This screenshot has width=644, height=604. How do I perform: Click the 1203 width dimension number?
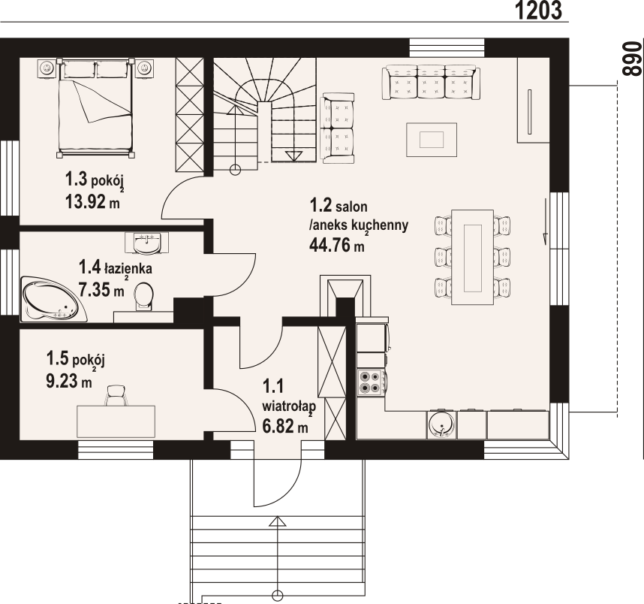point(538,11)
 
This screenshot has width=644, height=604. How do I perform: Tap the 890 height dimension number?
point(633,59)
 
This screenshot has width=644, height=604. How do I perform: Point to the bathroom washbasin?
point(146,243)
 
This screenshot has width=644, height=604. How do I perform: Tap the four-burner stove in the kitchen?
point(372,382)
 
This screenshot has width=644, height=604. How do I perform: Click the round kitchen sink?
point(441,424)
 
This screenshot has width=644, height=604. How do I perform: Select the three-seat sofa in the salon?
point(431,82)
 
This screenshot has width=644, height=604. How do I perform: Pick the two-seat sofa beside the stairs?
point(339,128)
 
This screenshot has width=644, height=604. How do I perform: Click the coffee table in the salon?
point(432,140)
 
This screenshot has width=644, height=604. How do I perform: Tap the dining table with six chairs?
point(472,257)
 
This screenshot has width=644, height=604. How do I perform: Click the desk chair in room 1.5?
point(116,395)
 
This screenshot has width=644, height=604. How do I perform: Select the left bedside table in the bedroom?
point(47,68)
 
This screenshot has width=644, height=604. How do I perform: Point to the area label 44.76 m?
point(337,246)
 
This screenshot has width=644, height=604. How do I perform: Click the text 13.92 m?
point(93,201)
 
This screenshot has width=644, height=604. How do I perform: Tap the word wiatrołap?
point(289,406)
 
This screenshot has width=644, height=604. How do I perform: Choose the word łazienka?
point(128,268)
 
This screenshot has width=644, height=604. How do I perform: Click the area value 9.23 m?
point(68,381)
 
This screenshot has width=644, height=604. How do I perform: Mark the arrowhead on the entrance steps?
point(278,521)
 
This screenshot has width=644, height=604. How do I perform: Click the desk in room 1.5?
point(116,421)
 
